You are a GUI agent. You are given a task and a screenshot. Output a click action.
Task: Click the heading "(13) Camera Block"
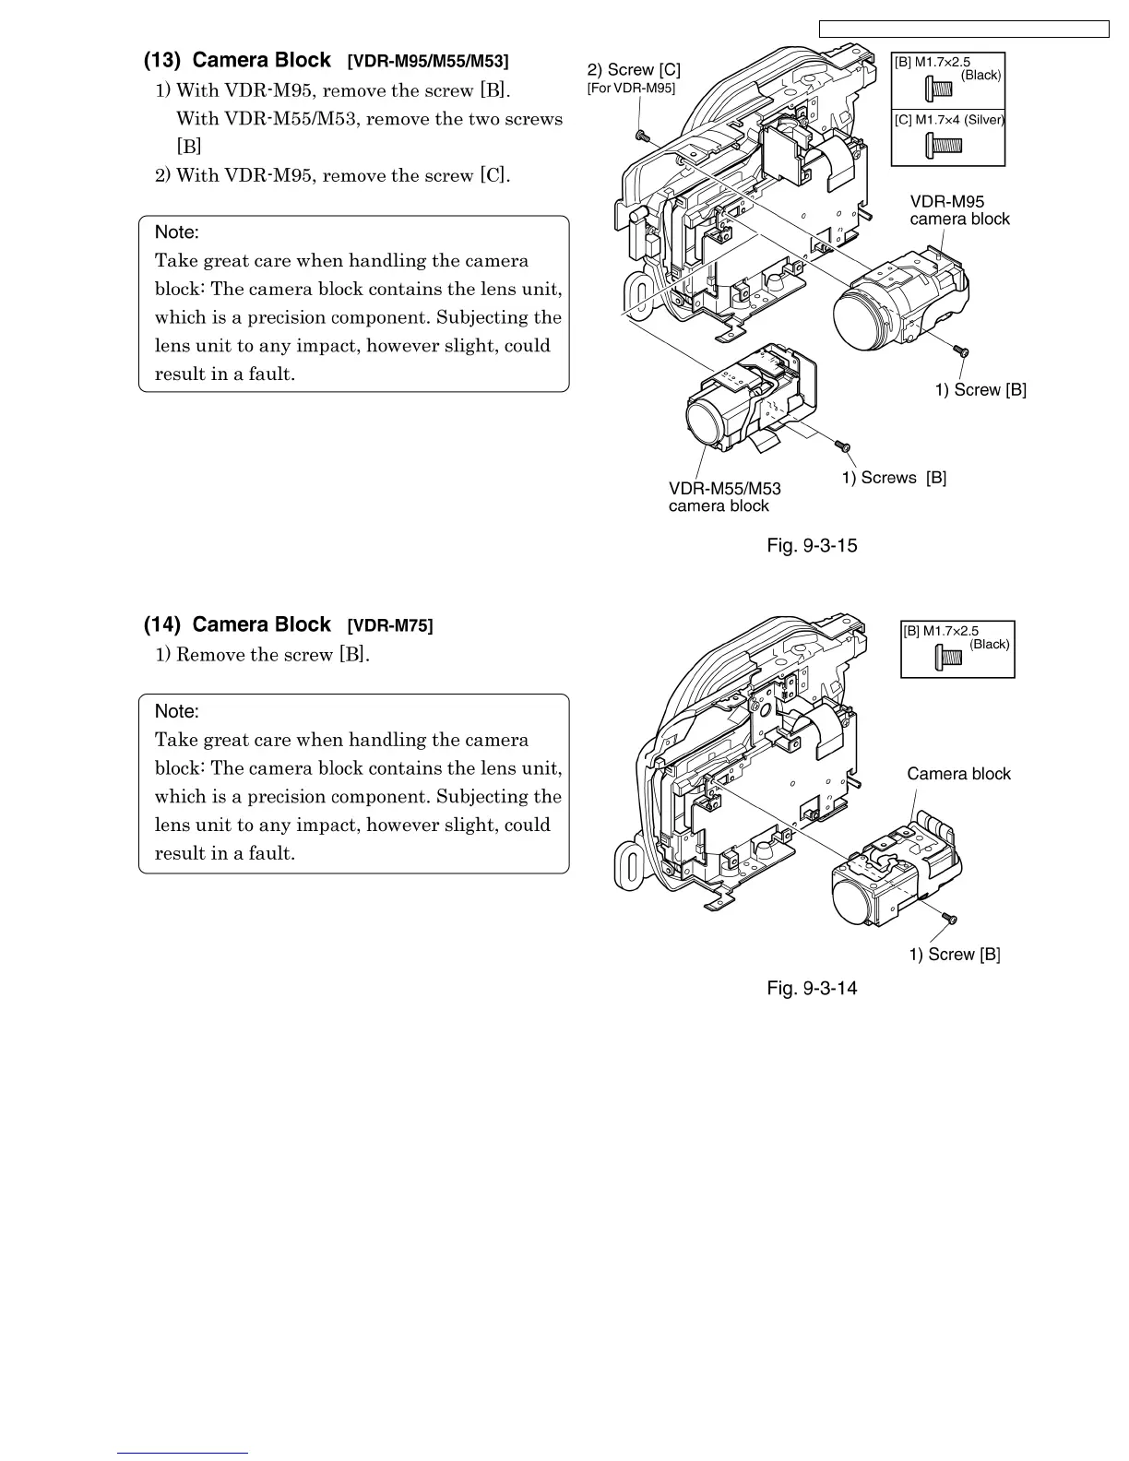click(x=237, y=61)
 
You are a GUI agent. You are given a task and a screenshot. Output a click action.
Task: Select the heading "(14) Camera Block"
click(x=237, y=625)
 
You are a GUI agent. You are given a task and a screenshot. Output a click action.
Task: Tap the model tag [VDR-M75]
click(x=389, y=626)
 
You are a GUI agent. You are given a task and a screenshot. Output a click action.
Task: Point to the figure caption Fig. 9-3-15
click(x=812, y=546)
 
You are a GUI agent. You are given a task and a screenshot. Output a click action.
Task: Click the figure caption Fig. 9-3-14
click(x=812, y=989)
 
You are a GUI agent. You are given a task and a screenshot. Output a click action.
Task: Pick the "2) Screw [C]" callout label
click(x=634, y=70)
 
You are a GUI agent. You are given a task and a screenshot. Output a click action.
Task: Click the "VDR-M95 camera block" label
click(x=959, y=210)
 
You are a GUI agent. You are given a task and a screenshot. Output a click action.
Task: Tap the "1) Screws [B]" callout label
click(x=894, y=478)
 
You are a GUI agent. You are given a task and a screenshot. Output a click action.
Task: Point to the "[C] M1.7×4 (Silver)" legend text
click(x=949, y=120)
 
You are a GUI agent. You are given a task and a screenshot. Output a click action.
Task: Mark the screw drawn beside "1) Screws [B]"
click(x=841, y=446)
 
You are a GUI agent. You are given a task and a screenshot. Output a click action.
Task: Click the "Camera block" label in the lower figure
click(x=958, y=775)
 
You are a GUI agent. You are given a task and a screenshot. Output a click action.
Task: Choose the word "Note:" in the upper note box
click(x=177, y=232)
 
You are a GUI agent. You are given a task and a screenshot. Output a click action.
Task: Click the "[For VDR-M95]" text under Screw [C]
click(x=631, y=89)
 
